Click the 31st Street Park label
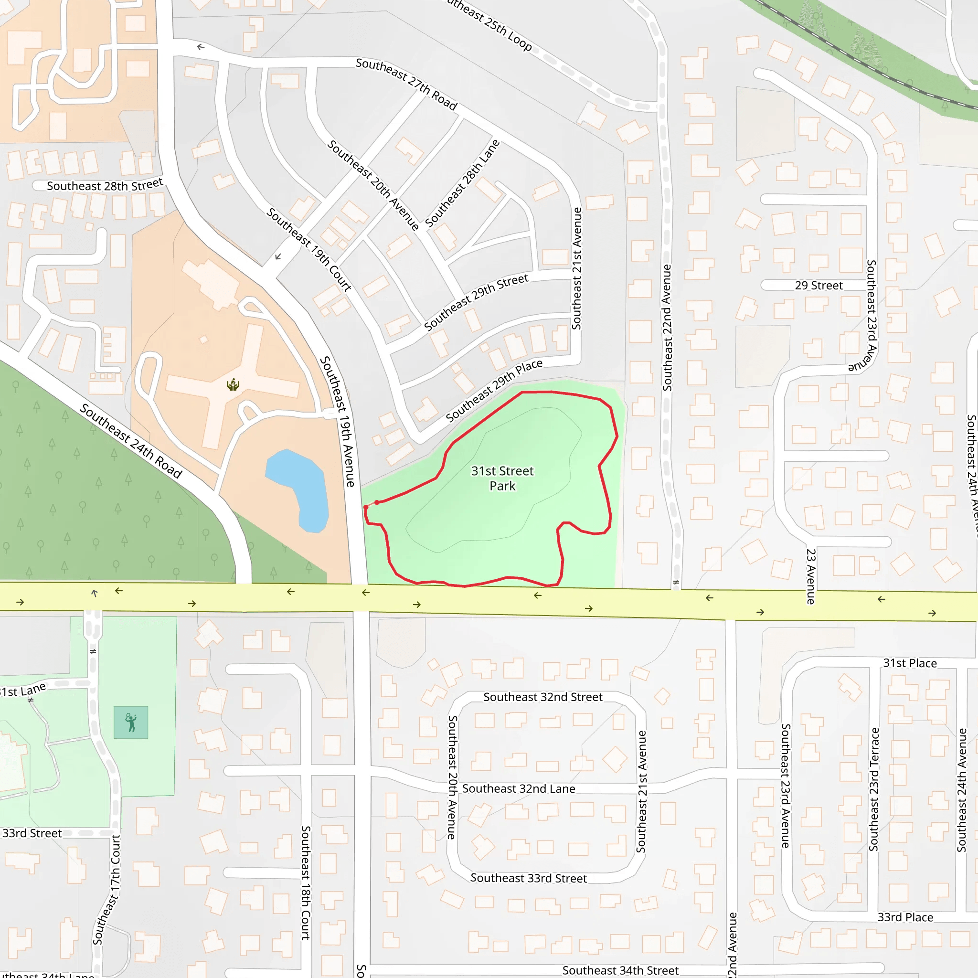(502, 478)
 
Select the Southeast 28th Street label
(105, 185)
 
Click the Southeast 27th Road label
(406, 84)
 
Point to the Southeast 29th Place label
(494, 390)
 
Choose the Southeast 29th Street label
(476, 302)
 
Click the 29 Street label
(819, 286)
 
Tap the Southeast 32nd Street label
(542, 697)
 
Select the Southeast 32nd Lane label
(518, 789)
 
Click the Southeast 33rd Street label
(529, 878)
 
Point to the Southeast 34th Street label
(620, 970)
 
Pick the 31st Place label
(910, 663)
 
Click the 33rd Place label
(905, 917)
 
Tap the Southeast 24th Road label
(130, 441)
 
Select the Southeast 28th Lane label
(462, 183)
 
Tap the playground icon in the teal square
(130, 723)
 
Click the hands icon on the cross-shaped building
(233, 385)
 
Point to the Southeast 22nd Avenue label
(667, 328)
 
